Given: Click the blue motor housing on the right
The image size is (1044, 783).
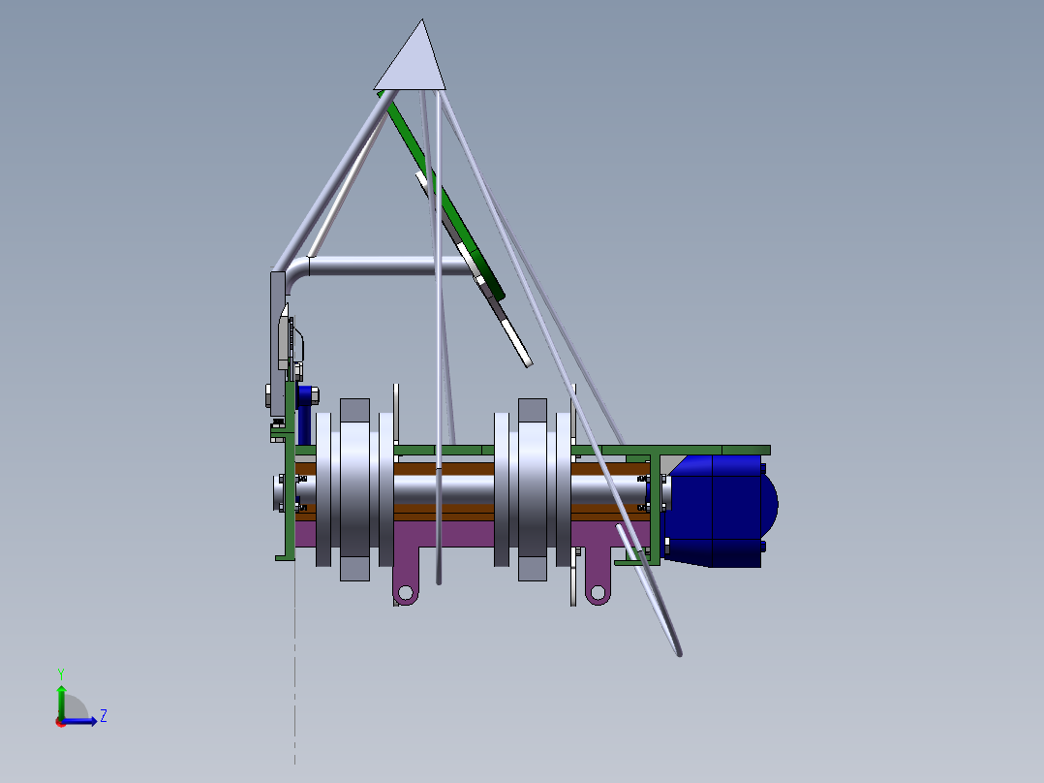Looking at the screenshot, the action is (x=719, y=511).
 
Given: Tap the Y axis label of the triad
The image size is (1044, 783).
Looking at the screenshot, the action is (x=61, y=673).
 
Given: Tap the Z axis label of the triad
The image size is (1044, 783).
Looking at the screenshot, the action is (x=104, y=716).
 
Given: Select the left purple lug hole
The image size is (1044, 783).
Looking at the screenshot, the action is (x=405, y=592).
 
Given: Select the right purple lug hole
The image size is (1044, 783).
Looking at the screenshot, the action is (x=598, y=592).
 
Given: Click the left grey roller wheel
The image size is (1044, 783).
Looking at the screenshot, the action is (x=354, y=489).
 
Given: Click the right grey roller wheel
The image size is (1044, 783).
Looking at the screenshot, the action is (x=533, y=489).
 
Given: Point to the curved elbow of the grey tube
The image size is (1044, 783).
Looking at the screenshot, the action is (x=295, y=272).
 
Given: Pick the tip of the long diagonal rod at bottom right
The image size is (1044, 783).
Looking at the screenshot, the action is (x=679, y=654).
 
